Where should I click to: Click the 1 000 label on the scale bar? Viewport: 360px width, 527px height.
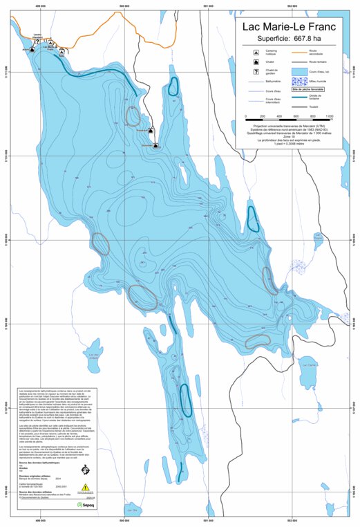(x=329, y=116)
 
